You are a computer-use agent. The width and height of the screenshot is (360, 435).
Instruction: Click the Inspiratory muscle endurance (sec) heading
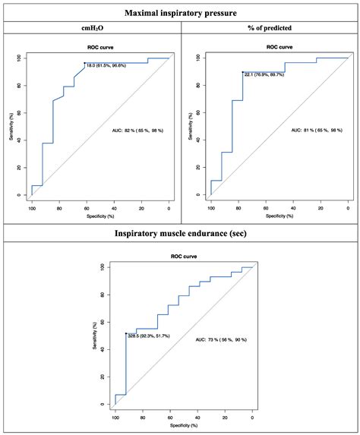point(180,234)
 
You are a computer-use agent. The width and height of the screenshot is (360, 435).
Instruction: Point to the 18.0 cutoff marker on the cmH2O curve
point(84,63)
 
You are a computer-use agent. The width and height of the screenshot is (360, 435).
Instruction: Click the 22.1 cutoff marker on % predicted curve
point(242,72)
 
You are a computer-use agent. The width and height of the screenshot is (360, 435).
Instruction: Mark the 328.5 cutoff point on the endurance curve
point(125,333)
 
